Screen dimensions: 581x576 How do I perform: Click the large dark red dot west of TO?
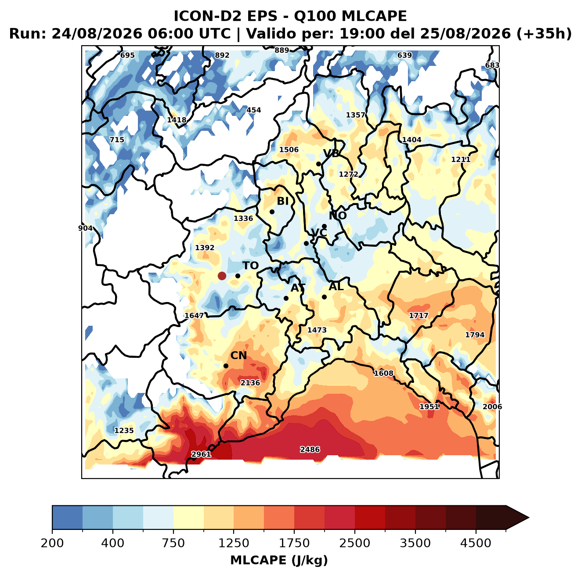click(x=222, y=276)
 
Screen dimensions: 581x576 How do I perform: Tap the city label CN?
click(x=238, y=356)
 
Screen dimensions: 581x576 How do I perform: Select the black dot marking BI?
click(x=272, y=212)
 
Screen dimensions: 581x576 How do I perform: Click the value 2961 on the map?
click(x=201, y=454)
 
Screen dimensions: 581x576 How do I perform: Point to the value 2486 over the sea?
click(x=310, y=450)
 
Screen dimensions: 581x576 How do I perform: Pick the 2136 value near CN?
click(x=250, y=382)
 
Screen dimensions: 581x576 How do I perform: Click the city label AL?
click(x=336, y=286)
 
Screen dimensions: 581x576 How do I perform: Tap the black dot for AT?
click(x=286, y=298)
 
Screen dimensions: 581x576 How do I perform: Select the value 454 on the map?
click(x=253, y=110)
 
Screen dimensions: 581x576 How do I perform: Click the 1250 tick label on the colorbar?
click(x=234, y=543)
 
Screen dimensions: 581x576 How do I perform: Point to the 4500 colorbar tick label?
click(x=476, y=543)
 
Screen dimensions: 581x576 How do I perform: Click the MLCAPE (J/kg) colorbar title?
click(x=279, y=560)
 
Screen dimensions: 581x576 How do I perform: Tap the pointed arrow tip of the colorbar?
click(x=529, y=518)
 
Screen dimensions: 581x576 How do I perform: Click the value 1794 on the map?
click(x=475, y=335)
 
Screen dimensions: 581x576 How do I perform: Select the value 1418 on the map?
click(x=177, y=120)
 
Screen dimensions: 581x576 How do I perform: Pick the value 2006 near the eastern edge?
click(x=492, y=407)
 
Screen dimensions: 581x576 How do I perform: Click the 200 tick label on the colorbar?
click(x=52, y=543)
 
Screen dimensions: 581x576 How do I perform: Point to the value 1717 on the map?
click(x=419, y=315)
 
